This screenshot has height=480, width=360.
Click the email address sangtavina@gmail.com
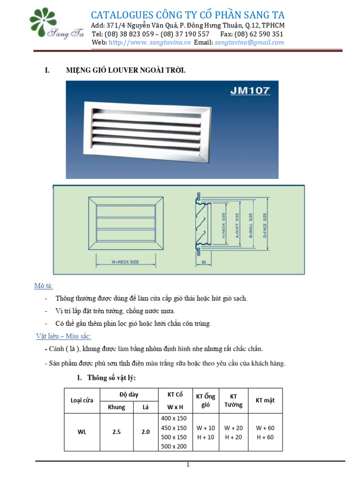(249, 42)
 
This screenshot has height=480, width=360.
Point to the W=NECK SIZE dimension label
(125, 262)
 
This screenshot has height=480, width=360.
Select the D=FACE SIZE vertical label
(265, 225)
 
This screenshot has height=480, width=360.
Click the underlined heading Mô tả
(44, 286)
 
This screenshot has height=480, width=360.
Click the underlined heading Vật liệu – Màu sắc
(64, 337)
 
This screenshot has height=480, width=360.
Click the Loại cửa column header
(82, 400)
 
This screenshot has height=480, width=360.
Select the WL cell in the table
(82, 432)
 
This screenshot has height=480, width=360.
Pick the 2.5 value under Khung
(117, 432)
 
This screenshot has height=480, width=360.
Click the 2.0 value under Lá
(145, 432)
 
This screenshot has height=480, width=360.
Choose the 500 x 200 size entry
(174, 446)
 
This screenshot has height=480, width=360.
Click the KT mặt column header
(265, 400)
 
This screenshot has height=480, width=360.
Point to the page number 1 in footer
(187, 465)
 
